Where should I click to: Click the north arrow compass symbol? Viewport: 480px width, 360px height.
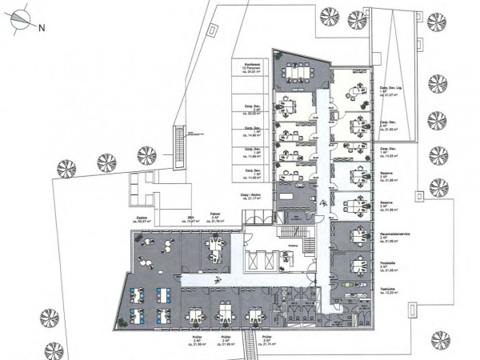[x=20, y=24]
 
